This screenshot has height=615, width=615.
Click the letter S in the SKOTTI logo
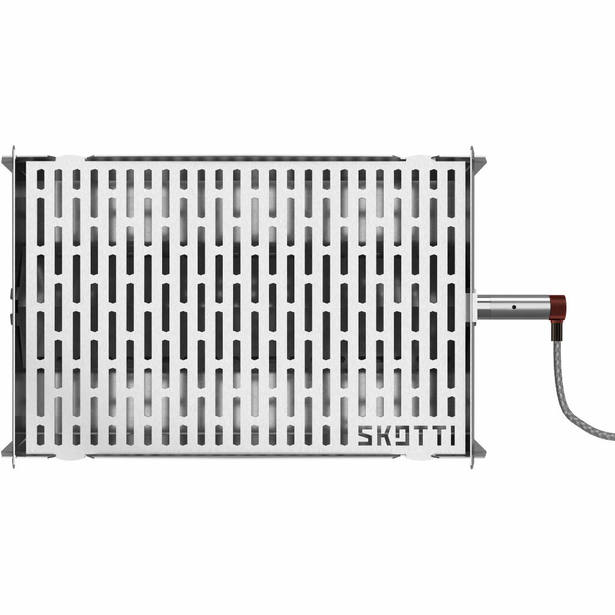pos(366,436)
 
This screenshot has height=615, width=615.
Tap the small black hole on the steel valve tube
pos(514,307)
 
